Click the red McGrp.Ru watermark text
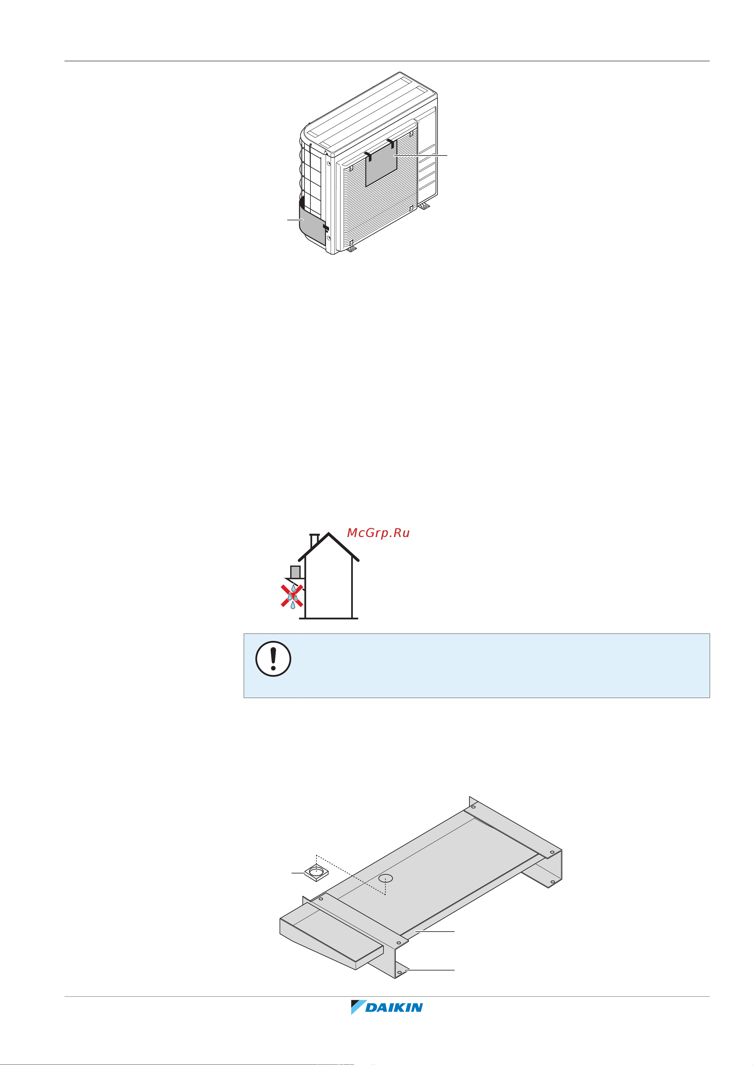tap(378, 533)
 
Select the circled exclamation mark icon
tap(273, 659)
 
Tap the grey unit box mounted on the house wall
tap(295, 572)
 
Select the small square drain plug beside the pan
tap(317, 873)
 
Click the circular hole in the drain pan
tap(386, 878)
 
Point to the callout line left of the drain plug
tap(298, 873)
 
